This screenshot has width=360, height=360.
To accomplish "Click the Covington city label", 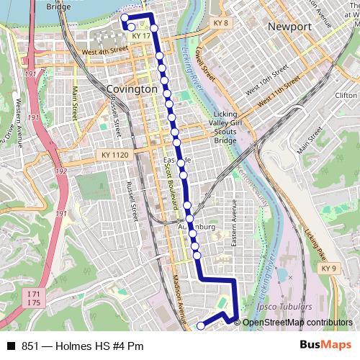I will tap(131, 88).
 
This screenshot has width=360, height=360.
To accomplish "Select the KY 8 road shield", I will tap(220, 23).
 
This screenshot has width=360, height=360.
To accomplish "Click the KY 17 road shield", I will tap(140, 35).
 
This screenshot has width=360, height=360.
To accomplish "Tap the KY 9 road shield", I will tap(329, 269).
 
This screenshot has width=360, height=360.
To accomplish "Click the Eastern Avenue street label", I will tap(234, 223).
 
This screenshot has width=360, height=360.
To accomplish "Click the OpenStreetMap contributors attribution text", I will tap(297, 323).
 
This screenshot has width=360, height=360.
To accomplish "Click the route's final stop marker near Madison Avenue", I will tap(200, 325).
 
